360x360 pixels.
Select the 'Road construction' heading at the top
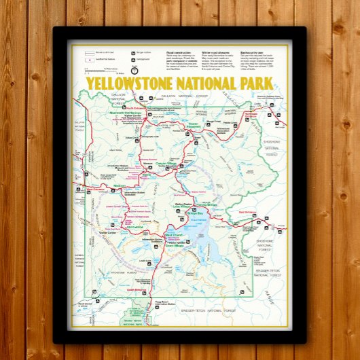pos(178,51)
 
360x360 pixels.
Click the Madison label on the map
pos(120,185)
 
